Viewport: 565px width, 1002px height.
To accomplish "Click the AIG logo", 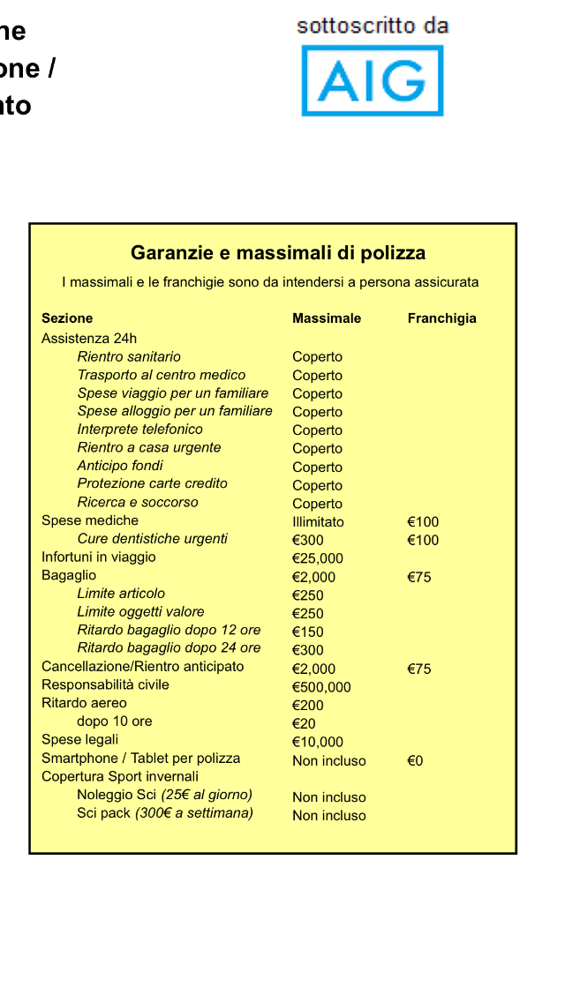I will [372, 81].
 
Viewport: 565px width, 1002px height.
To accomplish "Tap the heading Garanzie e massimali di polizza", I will [278, 253].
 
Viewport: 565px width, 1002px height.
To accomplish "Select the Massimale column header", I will [327, 318].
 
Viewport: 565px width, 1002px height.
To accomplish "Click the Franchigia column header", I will [441, 318].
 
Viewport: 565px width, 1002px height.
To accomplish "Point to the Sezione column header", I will [67, 318].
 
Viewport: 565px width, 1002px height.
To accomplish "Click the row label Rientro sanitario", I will [129, 356].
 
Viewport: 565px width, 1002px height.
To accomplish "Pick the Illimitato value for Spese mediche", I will [318, 521].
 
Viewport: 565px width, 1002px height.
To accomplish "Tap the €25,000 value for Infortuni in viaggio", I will [317, 558].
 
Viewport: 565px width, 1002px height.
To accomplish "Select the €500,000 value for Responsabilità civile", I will [321, 687].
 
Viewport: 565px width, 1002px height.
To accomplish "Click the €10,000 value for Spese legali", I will [317, 742].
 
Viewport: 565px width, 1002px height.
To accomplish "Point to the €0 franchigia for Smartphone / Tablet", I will [415, 760].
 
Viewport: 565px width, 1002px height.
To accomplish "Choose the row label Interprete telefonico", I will [139, 430].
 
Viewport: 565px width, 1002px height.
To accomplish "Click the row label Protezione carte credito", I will [152, 483].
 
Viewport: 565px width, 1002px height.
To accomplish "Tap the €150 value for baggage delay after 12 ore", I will [308, 632].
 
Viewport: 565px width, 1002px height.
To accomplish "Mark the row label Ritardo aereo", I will [84, 703].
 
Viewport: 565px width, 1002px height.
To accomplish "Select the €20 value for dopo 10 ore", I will [304, 723].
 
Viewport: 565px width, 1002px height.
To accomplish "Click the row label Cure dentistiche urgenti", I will [152, 539].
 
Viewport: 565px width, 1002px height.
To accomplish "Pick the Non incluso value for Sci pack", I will [328, 816].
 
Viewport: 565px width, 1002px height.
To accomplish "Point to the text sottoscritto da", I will [373, 26].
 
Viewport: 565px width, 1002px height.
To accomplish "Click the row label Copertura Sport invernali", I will [120, 776].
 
